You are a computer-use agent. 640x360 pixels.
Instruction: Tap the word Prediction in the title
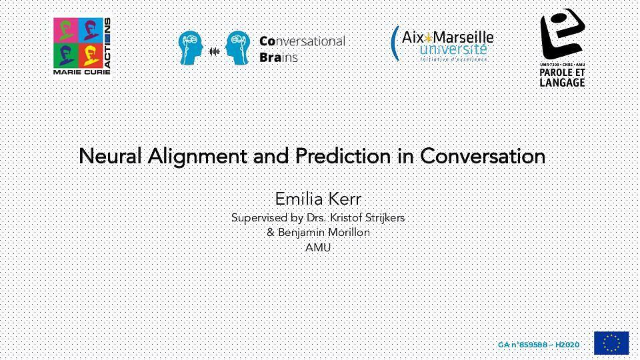(343, 156)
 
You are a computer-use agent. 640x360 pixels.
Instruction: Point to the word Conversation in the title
(483, 156)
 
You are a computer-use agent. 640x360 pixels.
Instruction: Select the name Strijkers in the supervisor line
(384, 218)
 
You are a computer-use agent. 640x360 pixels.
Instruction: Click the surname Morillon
(350, 232)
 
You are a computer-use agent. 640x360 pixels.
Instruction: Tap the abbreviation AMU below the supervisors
(318, 247)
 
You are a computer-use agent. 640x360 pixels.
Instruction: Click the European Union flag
(611, 343)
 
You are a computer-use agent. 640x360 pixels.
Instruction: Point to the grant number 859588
(533, 345)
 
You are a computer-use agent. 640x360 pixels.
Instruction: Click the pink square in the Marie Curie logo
(65, 30)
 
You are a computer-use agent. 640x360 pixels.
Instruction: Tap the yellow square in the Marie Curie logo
(90, 55)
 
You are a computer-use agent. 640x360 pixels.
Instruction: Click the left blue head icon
(191, 48)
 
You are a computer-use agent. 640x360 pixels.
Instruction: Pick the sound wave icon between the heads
(214, 51)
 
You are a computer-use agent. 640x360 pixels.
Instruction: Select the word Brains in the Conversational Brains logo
(279, 57)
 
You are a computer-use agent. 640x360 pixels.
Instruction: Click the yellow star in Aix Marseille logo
(428, 38)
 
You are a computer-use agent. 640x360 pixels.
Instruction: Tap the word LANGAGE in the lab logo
(562, 82)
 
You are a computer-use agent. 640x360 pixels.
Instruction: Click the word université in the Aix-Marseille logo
(453, 49)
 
